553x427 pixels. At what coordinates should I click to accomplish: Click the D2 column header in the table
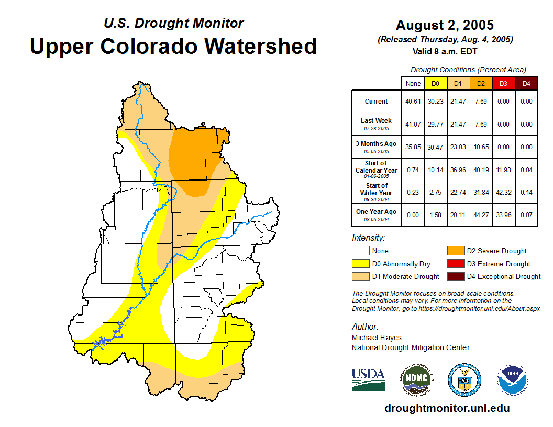pos(481,83)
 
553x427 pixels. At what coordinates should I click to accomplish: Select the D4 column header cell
pos(526,83)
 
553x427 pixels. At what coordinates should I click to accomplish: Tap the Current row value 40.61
pos(413,102)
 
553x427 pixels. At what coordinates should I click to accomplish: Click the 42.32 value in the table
pos(503,193)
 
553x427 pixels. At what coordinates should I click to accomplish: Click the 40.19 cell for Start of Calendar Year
pos(481,170)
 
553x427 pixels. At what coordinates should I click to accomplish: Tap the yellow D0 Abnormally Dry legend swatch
pos(360,264)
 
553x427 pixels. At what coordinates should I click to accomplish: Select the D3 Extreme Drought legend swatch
pos(455,264)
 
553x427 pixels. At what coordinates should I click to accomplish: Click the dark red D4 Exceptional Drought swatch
pos(455,276)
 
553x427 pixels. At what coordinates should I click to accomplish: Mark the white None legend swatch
pos(360,251)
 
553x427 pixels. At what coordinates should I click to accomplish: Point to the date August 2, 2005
pos(445,25)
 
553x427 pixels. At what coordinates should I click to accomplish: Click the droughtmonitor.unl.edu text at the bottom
pos(447,408)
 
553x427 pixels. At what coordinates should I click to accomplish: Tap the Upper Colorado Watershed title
pos(173,46)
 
